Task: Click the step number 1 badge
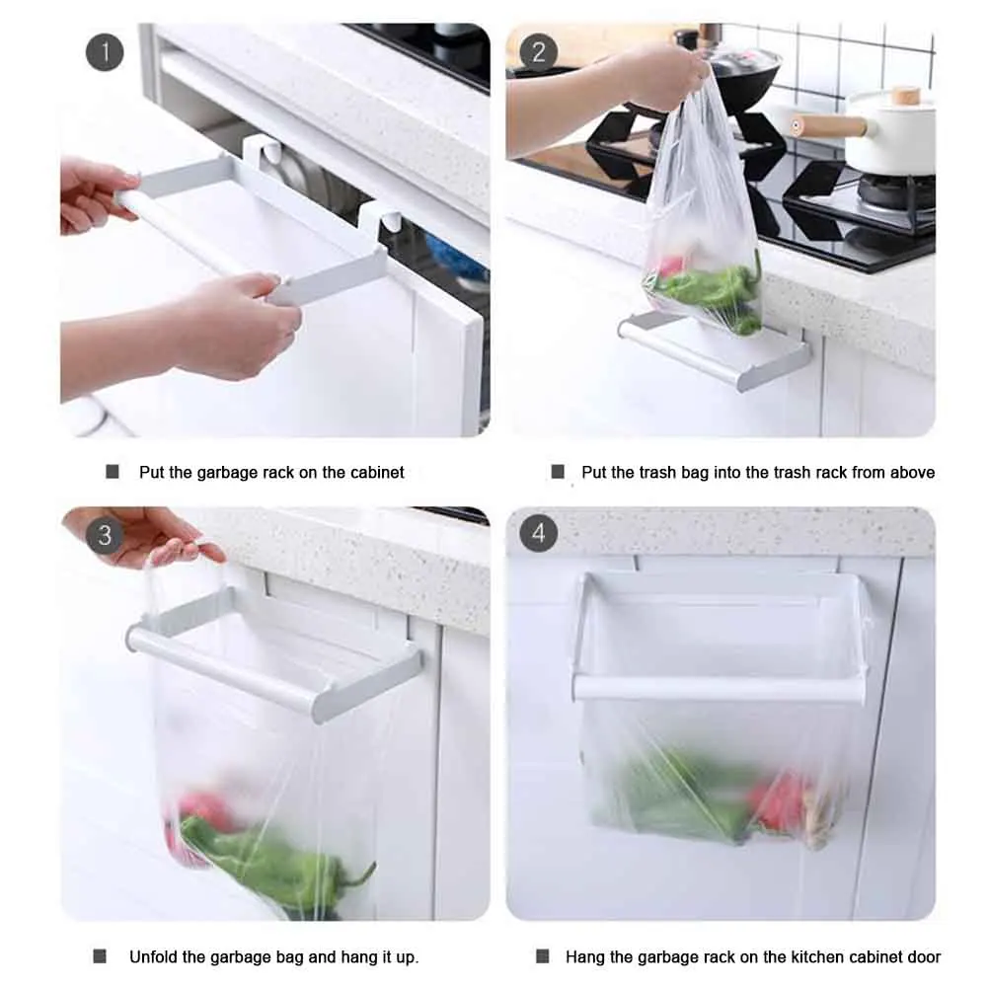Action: coord(105,51)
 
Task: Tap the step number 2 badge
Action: coord(538,51)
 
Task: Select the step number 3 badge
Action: coord(105,535)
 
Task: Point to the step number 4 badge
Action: coord(538,533)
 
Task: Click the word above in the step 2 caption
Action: coord(912,472)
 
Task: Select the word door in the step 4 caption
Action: coord(923,956)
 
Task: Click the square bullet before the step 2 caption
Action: coord(558,472)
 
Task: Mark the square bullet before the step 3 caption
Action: coord(100,955)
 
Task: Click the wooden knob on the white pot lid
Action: coord(905,97)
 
